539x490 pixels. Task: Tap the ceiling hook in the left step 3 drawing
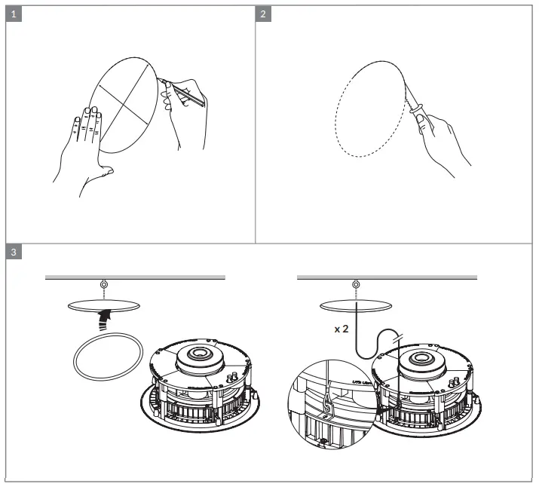tap(103, 284)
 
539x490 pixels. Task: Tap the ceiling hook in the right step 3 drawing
tap(356, 284)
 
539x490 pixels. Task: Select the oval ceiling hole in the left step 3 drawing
tap(103, 304)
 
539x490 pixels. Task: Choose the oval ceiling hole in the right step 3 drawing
tap(356, 304)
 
